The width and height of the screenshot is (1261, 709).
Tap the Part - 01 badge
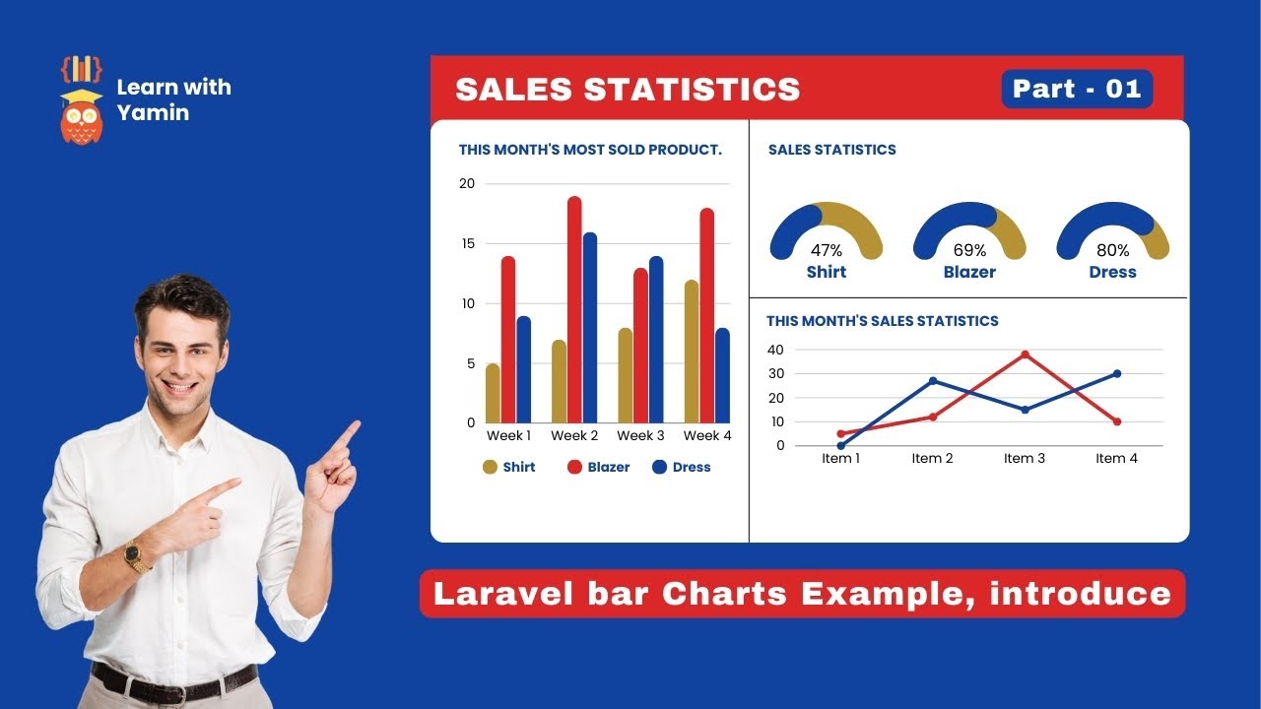tap(1077, 89)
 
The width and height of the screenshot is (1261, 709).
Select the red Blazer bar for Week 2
tap(574, 309)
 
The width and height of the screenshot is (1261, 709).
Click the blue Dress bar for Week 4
tap(722, 375)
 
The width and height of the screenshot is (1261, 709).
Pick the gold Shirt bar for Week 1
tap(493, 393)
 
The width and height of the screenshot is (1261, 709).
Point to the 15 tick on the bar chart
tap(468, 243)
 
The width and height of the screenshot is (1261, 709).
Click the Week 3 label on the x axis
tap(640, 435)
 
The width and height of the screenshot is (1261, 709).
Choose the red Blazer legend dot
tap(574, 467)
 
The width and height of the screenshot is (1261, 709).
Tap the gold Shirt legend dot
tap(490, 467)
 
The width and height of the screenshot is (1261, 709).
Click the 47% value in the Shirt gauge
tap(826, 250)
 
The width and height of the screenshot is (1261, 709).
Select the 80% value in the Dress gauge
tap(1112, 250)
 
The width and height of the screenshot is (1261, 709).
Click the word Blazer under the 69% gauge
tap(969, 273)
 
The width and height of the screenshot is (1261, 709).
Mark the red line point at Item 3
tap(1025, 354)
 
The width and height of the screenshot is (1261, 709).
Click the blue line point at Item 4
tap(1117, 373)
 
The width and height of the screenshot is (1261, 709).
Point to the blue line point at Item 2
tap(933, 381)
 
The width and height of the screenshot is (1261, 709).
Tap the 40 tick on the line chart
tap(775, 350)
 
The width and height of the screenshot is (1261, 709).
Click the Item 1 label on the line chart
tap(840, 459)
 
